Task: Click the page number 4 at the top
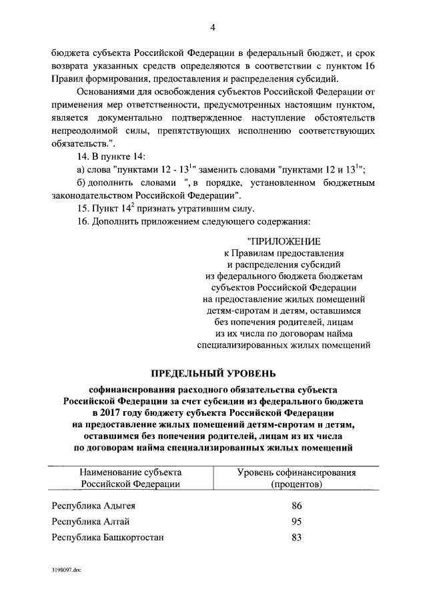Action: pos(212,27)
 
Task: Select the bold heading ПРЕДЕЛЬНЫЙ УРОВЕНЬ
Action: pos(213,371)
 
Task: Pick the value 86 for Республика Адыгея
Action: pos(297,506)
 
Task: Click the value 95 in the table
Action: pos(297,521)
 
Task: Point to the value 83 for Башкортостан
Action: pos(297,537)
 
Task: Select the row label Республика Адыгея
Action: pos(93,506)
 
